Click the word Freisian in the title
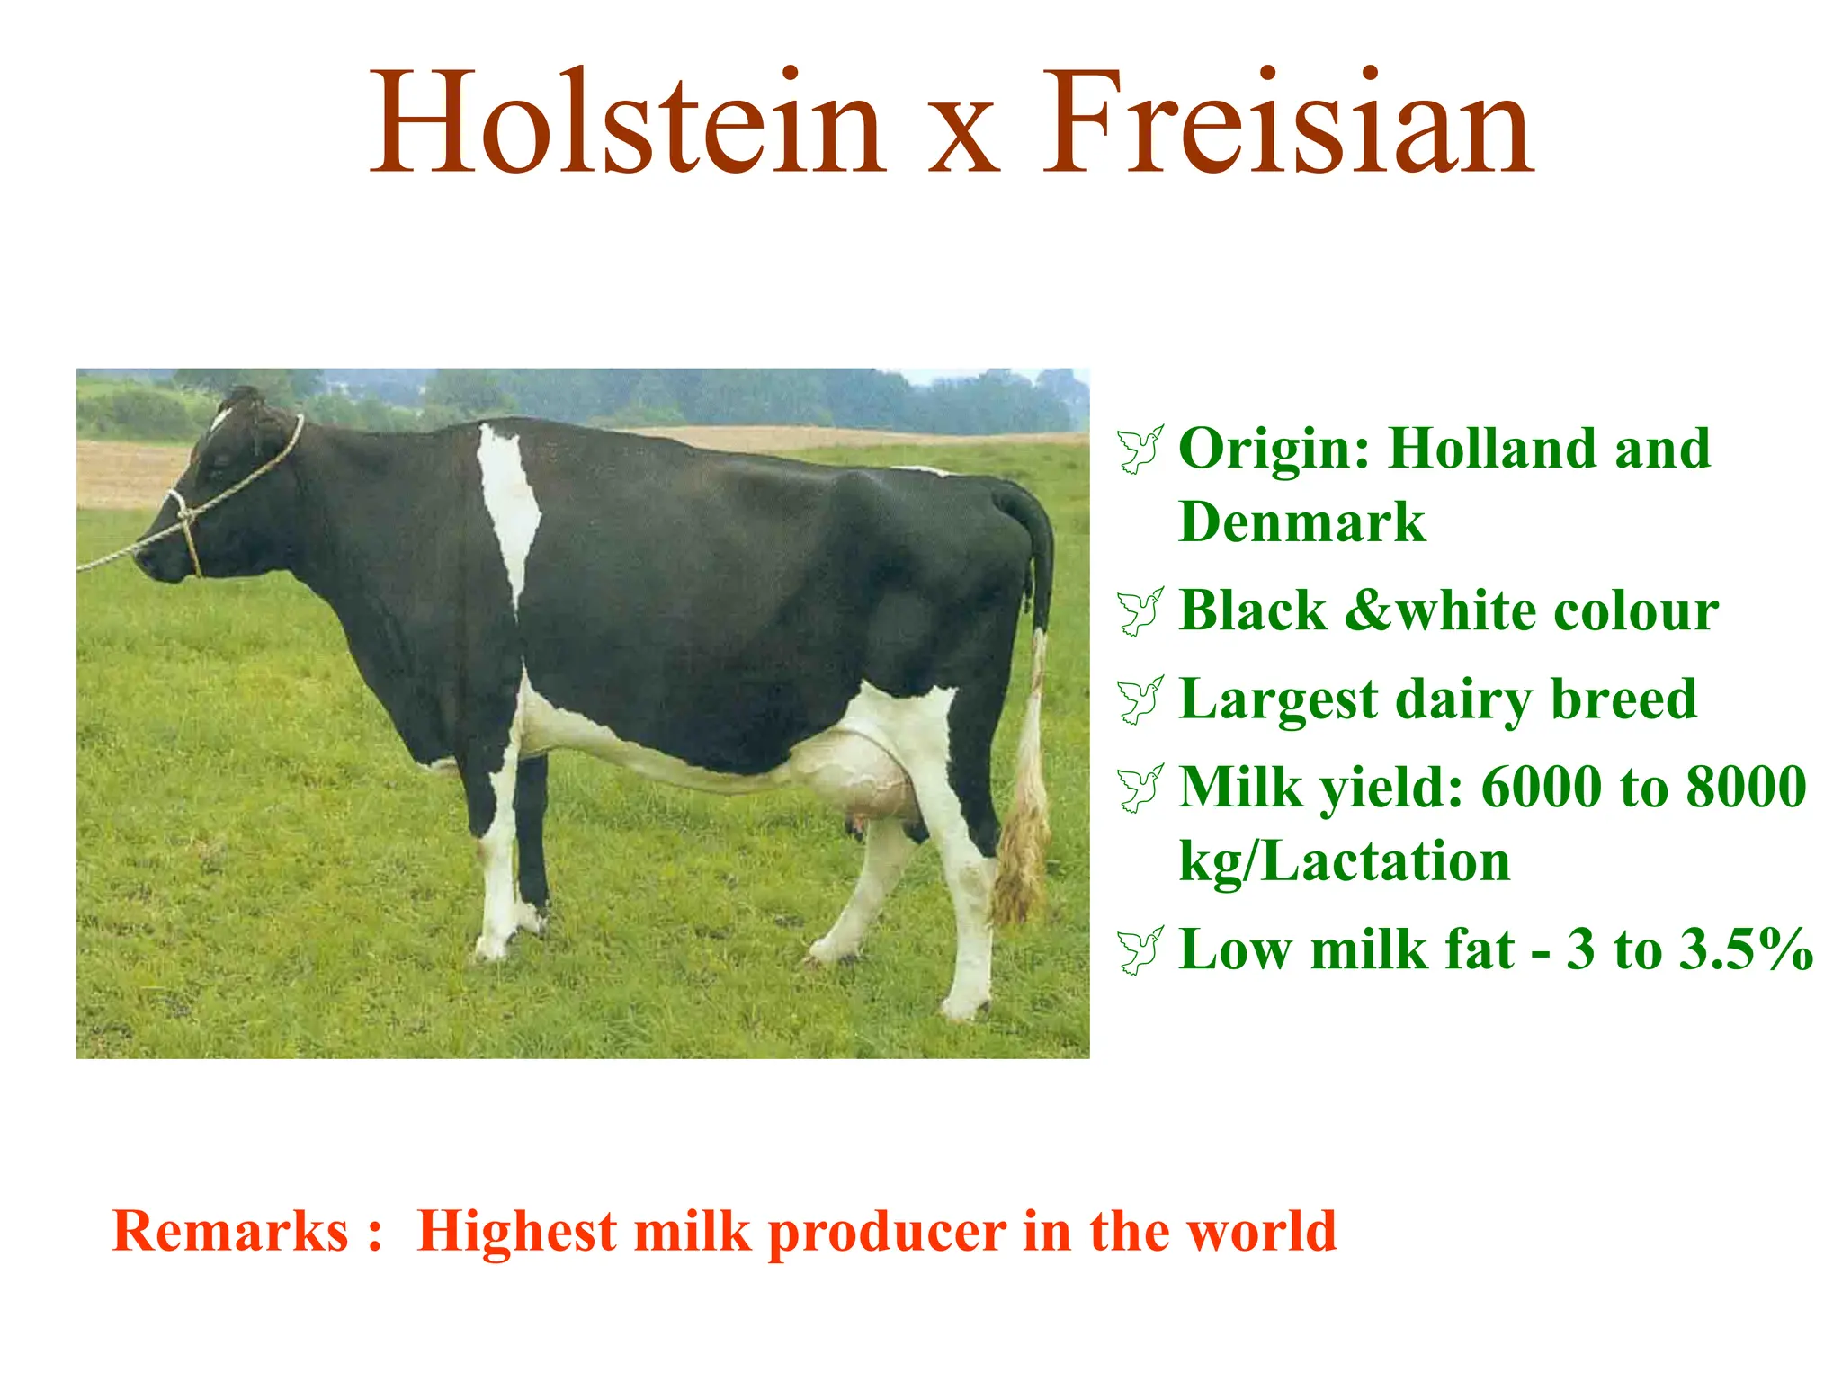click(x=1287, y=123)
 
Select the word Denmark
click(x=1301, y=522)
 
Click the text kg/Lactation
click(x=1344, y=861)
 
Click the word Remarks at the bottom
click(x=229, y=1231)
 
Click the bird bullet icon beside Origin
click(x=1140, y=449)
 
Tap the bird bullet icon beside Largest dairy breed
click(x=1140, y=699)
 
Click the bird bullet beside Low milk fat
click(x=1140, y=949)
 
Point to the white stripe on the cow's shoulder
click(x=508, y=503)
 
